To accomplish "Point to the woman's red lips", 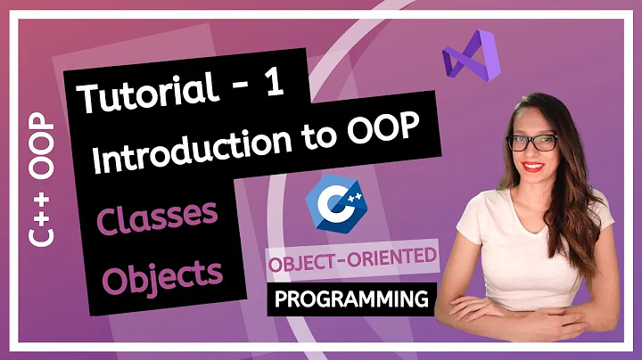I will [x=534, y=167].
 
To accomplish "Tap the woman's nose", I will [x=532, y=153].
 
